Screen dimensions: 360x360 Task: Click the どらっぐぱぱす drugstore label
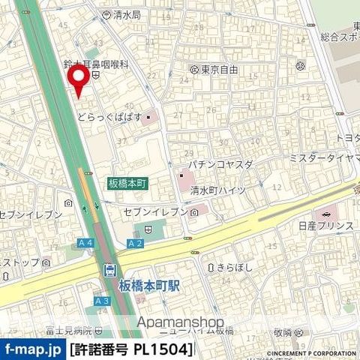[110, 116]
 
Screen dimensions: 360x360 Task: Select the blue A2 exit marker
[135, 243]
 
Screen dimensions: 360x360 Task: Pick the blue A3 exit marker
[102, 301]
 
